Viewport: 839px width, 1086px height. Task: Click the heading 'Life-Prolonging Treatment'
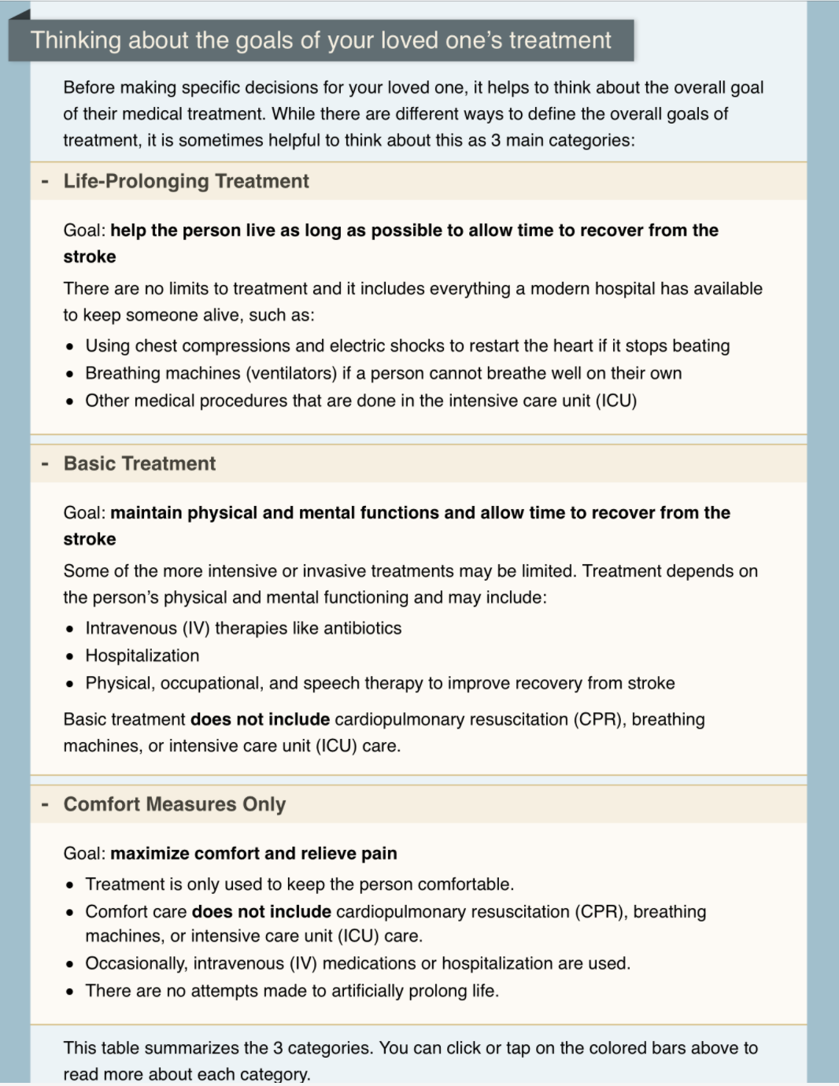(x=186, y=181)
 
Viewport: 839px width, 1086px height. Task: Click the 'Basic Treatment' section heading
(x=139, y=464)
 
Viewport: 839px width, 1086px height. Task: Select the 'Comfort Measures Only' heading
(x=175, y=804)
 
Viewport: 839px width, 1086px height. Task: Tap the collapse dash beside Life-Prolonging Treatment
(x=45, y=182)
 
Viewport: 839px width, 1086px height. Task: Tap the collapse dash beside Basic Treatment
(x=45, y=464)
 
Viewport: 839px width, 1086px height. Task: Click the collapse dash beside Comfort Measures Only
(x=45, y=805)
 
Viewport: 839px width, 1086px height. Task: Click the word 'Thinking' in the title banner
(x=76, y=40)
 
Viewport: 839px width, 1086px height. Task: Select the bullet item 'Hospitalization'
(x=142, y=656)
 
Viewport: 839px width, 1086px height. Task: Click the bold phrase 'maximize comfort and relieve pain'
(x=253, y=853)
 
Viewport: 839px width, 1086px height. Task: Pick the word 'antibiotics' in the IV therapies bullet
(x=364, y=628)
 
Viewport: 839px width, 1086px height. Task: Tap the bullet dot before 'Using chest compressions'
(x=70, y=347)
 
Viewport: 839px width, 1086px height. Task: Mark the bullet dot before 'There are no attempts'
(x=70, y=992)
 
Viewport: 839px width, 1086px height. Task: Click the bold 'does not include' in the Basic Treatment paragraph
(x=261, y=719)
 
